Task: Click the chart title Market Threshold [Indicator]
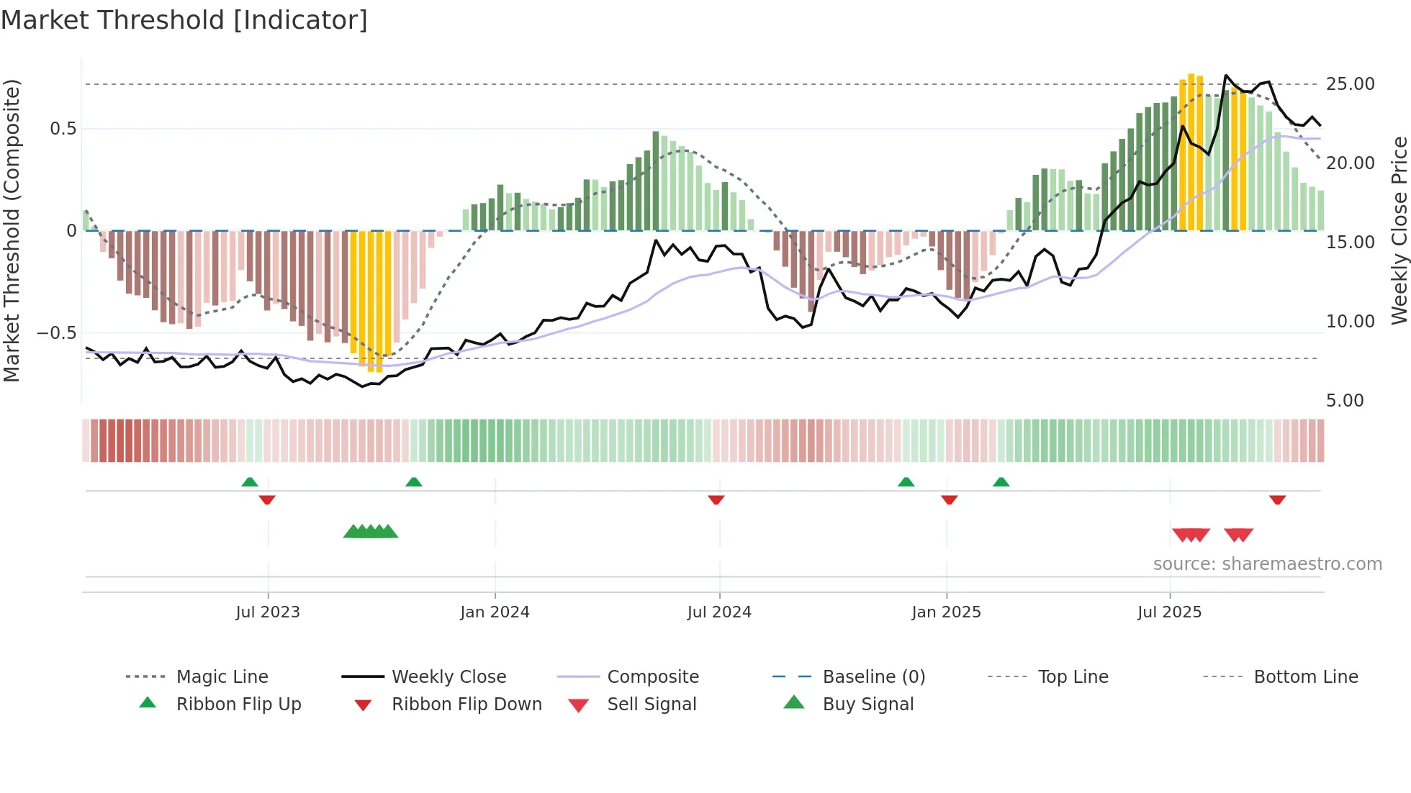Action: point(184,20)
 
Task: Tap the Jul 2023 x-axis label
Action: point(268,612)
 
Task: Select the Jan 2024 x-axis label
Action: point(495,612)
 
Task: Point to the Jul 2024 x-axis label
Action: point(719,612)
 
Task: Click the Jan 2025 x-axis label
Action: point(946,612)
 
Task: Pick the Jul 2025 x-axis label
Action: point(1170,612)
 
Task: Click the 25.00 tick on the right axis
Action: point(1351,84)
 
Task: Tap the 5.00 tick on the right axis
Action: point(1345,401)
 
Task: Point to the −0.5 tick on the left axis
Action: point(56,333)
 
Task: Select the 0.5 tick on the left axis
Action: point(63,129)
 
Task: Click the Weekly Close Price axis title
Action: point(1399,230)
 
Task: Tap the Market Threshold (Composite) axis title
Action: point(12,230)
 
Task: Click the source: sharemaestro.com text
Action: point(1267,564)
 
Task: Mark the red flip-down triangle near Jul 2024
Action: point(716,499)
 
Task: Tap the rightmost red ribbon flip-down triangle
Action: point(1277,499)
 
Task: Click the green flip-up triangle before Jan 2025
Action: point(906,482)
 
